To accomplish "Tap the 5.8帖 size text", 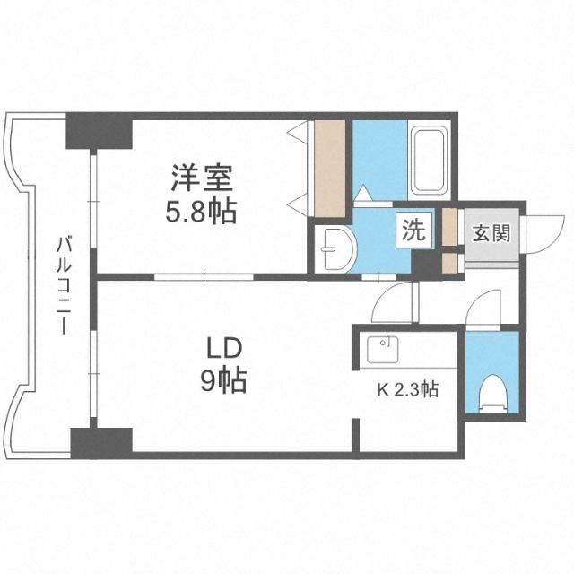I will tap(203, 213).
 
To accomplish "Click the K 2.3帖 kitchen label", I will tap(406, 390).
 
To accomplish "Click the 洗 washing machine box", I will tap(413, 231).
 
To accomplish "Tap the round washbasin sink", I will tap(335, 246).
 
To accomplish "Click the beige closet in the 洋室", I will tap(329, 168).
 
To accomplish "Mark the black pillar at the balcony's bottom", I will tap(101, 441).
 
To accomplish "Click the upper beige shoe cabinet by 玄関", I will tap(449, 229).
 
